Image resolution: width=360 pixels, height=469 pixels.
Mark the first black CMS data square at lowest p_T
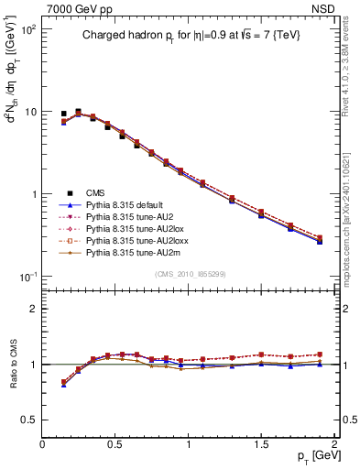[x=63, y=114]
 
